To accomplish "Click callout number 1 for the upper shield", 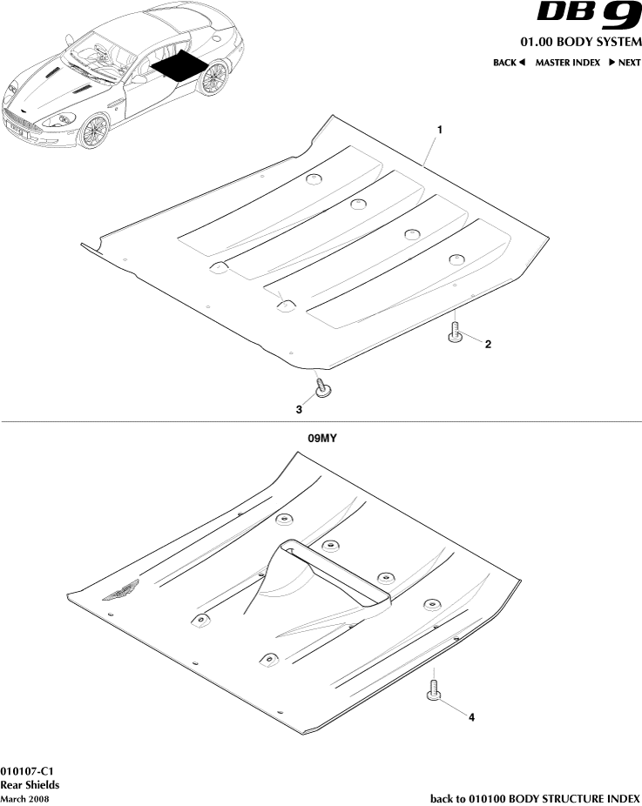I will pyautogui.click(x=440, y=130).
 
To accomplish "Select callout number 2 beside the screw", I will pyautogui.click(x=488, y=344).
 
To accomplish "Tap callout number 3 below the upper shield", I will pyautogui.click(x=299, y=408).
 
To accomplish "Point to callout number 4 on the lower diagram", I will pyautogui.click(x=471, y=718).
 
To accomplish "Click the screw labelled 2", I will pyautogui.click(x=454, y=333).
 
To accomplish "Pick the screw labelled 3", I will pyautogui.click(x=322, y=387).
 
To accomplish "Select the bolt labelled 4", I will pyautogui.click(x=433, y=690).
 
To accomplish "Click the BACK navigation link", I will pyautogui.click(x=509, y=63).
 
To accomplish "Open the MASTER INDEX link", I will pyautogui.click(x=567, y=63).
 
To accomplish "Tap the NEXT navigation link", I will pyautogui.click(x=625, y=63).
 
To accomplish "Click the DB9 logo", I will pyautogui.click(x=588, y=16).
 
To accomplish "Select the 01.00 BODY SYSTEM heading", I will pyautogui.click(x=580, y=42).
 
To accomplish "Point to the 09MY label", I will pyautogui.click(x=321, y=440).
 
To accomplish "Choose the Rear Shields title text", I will pyautogui.click(x=30, y=785).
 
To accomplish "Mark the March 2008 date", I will pyautogui.click(x=24, y=798).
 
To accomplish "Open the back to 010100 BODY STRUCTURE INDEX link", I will pyautogui.click(x=535, y=798).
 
